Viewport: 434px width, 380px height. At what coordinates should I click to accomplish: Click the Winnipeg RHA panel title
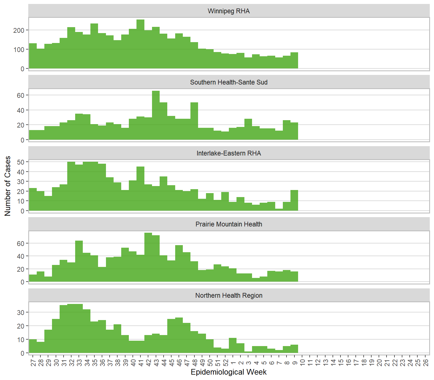coord(229,11)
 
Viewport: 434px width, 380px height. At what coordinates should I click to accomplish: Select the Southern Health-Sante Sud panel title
coord(229,82)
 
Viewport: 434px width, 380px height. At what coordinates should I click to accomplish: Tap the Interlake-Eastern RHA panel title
coord(229,153)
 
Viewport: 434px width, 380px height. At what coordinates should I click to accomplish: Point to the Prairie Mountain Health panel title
coord(229,224)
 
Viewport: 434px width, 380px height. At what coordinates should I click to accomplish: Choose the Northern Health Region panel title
coord(229,295)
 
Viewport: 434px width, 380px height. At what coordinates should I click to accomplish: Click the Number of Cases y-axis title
coord(8,186)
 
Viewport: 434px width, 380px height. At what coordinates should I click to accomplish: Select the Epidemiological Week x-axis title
coord(229,372)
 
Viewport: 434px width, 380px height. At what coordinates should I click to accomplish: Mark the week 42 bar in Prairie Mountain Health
coord(148,257)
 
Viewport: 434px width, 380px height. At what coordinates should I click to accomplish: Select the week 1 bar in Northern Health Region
coord(233,345)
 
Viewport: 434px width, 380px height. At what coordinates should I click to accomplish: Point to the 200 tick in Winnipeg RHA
coord(19,30)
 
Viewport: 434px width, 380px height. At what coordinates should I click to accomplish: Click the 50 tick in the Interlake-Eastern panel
coord(21,162)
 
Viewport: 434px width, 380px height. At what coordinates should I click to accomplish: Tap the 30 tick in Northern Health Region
coord(21,312)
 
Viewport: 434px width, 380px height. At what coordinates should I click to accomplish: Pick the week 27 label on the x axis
coord(33,362)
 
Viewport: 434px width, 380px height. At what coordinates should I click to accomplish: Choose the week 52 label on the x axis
coord(225,362)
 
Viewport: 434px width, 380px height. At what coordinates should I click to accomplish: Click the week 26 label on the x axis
coord(425,362)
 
